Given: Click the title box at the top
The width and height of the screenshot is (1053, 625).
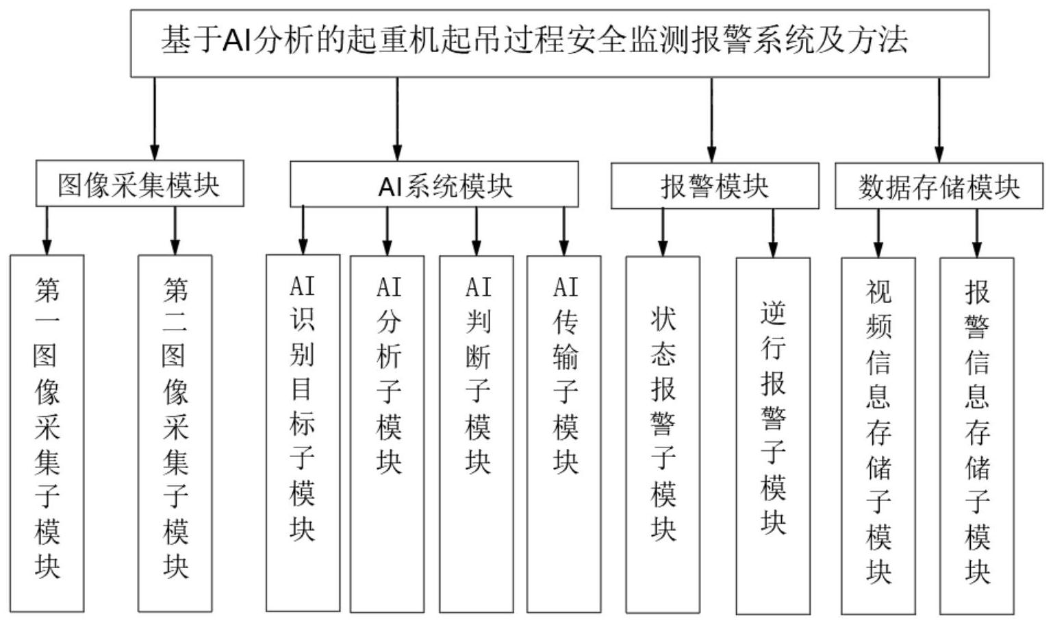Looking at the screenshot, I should (559, 42).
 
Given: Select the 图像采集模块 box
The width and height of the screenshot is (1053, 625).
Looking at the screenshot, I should (140, 184).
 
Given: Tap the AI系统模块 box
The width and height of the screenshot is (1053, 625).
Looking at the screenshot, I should (434, 184).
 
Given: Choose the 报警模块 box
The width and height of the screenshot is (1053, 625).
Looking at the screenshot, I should (714, 186).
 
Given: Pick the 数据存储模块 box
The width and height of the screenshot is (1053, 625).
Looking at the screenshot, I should (939, 186).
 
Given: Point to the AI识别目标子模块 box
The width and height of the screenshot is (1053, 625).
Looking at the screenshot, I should (303, 432).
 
